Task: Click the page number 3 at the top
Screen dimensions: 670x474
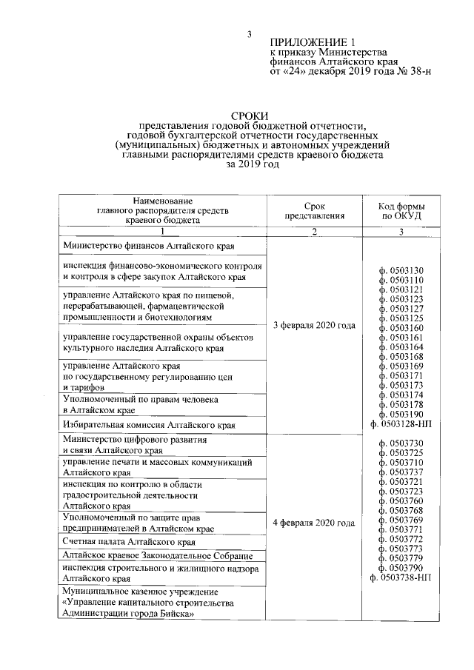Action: click(x=250, y=34)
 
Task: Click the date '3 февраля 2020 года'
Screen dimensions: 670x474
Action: click(x=314, y=326)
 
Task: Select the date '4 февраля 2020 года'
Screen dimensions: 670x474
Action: click(x=314, y=523)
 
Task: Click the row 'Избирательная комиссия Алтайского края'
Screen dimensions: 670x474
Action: click(x=149, y=425)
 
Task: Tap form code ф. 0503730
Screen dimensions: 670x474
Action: click(x=401, y=442)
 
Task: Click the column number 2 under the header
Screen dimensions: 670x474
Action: click(x=314, y=232)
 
